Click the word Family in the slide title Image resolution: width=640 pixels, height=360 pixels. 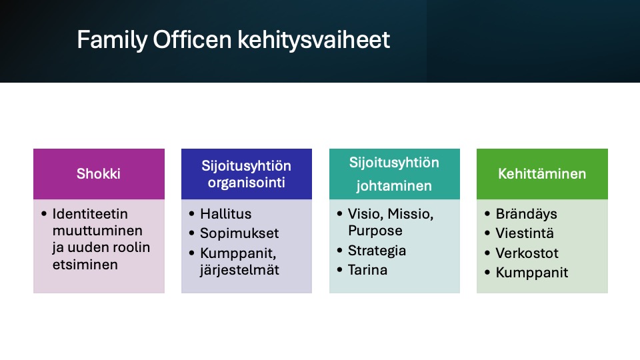(112, 41)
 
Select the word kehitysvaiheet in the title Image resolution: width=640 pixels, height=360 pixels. (314, 41)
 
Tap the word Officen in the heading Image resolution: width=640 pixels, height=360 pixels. (192, 39)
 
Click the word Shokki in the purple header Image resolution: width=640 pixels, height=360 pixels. (99, 174)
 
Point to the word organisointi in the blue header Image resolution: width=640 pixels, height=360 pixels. (246, 183)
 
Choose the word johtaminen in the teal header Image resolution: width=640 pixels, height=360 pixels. (394, 186)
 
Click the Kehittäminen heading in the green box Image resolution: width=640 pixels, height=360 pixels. (542, 174)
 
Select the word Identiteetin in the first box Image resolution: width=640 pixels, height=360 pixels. (90, 214)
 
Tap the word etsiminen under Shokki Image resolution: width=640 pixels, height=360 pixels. (85, 265)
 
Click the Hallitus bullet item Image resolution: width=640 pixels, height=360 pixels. (226, 214)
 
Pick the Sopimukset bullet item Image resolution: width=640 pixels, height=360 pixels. (239, 233)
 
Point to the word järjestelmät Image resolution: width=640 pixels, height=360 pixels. (239, 270)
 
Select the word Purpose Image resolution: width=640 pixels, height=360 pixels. (375, 231)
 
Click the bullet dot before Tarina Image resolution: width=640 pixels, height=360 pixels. (339, 270)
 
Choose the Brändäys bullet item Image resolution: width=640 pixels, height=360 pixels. (526, 214)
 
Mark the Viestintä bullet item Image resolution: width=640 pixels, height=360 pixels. (525, 233)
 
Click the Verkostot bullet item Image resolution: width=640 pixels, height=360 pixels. (527, 253)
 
